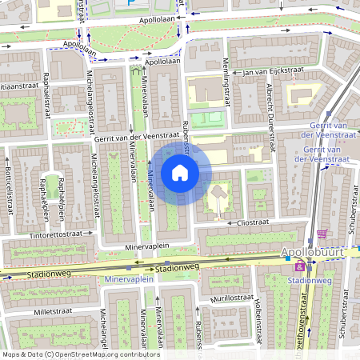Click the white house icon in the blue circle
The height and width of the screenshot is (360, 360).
tap(180, 173)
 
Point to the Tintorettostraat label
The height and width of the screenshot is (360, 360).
tap(56, 234)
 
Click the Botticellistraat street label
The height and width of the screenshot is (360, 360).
tap(10, 192)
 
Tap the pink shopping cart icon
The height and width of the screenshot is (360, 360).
tap(322, 234)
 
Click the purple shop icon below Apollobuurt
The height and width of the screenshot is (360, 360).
tap(300, 266)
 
